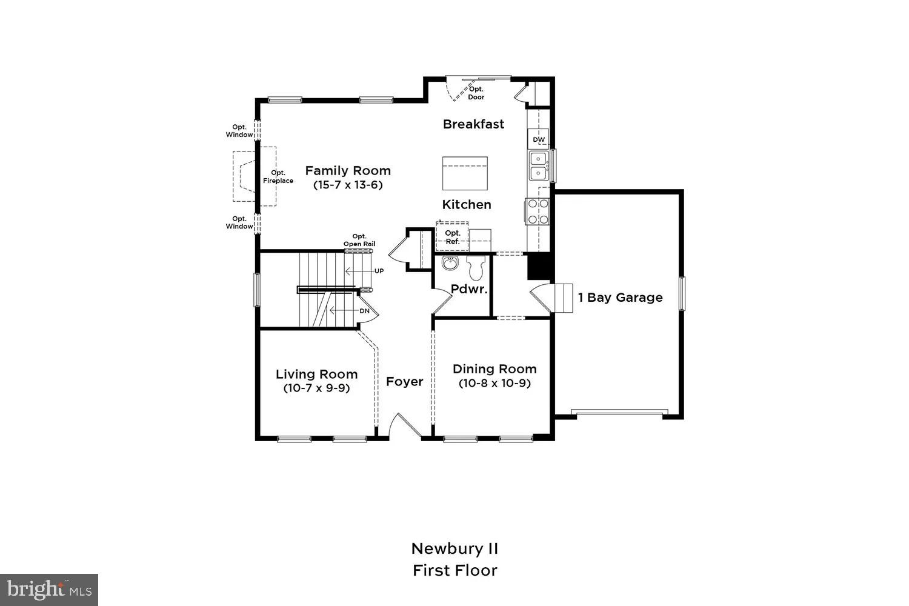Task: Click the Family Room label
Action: coord(348,171)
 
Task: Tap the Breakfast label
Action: coord(473,124)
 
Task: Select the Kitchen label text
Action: coord(467,205)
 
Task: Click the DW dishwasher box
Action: coord(539,139)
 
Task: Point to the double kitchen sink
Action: coord(538,166)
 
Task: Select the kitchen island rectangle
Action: coord(465,173)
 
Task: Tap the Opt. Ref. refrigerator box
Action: coord(453,237)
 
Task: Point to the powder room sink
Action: coord(450,264)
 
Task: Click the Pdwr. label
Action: coord(469,290)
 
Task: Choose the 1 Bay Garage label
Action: coord(620,298)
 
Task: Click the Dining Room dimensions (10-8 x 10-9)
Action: coord(494,383)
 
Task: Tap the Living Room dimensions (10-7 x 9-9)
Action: coord(316,388)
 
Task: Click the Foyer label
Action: coord(404,382)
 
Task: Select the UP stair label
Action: coord(379,271)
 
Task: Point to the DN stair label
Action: coord(364,311)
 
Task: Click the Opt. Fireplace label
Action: coord(278,177)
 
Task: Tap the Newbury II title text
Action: coord(454,549)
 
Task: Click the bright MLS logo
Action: coord(49,590)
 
